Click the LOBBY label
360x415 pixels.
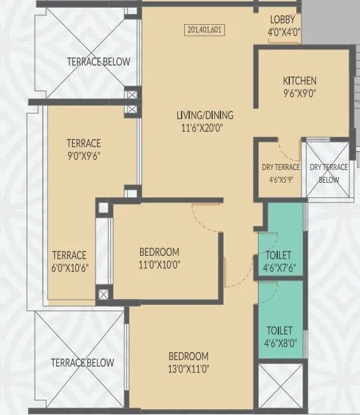282,19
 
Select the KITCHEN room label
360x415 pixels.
299,81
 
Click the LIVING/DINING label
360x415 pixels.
205,115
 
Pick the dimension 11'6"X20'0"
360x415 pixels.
205,127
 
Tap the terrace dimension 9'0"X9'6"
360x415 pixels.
85,155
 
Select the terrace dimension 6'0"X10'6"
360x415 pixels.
70,267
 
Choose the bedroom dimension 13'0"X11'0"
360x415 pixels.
189,367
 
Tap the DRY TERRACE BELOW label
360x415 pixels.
329,173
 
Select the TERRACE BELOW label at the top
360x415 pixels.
99,62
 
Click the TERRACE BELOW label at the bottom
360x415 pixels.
83,363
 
